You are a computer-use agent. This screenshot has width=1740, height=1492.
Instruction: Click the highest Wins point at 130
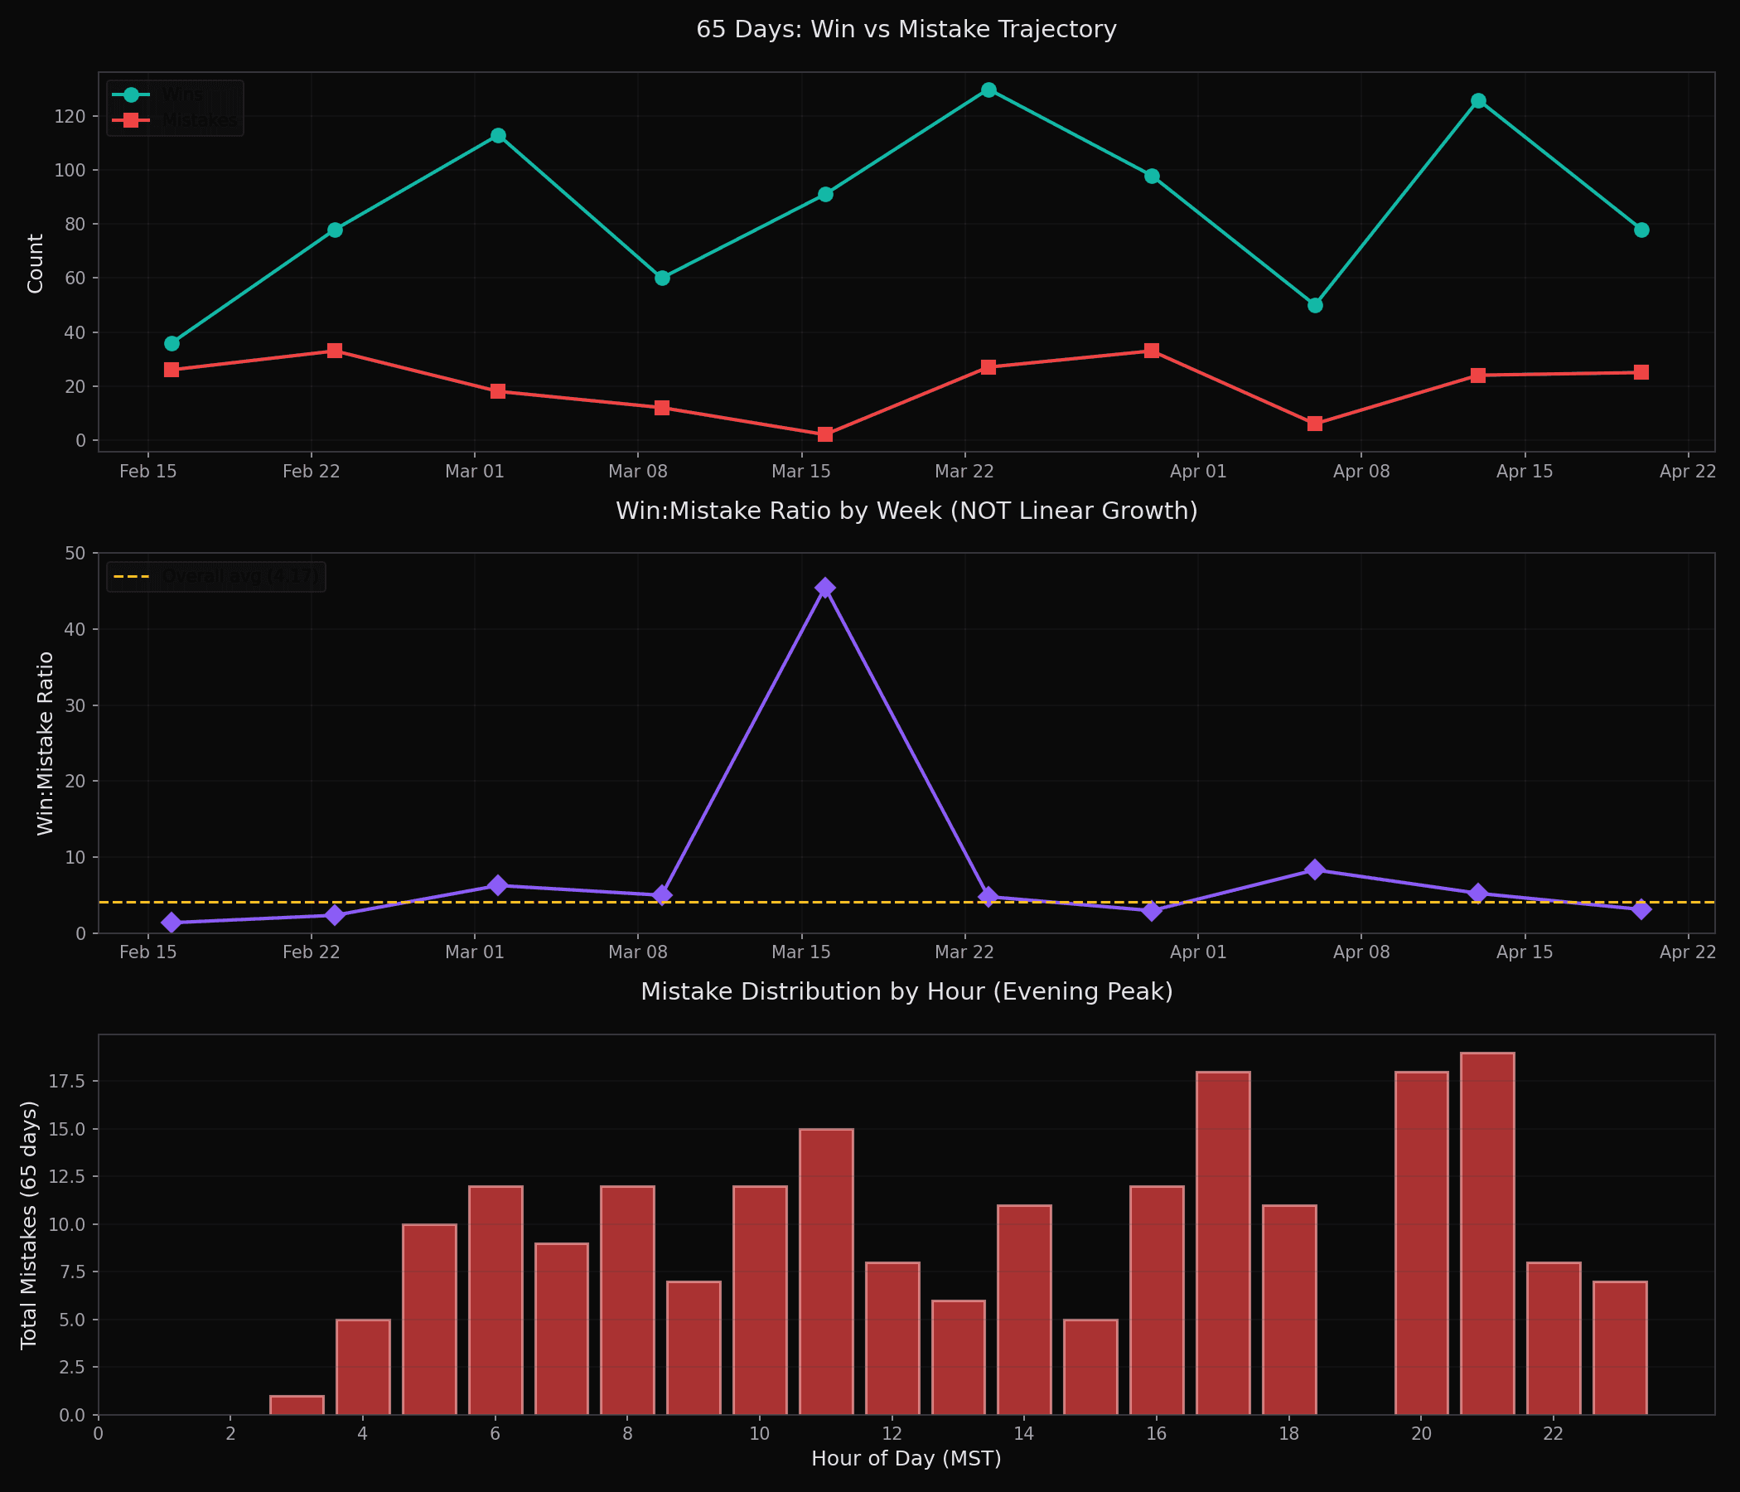(x=988, y=90)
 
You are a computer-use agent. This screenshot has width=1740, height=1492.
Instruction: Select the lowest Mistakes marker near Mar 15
(x=825, y=434)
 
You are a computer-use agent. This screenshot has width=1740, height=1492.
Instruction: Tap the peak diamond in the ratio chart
(x=825, y=587)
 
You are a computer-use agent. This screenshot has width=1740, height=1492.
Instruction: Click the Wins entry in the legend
(x=182, y=95)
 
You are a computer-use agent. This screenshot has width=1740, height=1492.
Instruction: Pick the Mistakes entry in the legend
(x=199, y=120)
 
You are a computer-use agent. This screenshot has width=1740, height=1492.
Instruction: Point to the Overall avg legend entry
(x=239, y=576)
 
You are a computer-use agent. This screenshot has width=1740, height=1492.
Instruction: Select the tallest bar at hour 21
(x=1487, y=1233)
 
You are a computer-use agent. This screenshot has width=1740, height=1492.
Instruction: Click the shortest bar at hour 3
(x=297, y=1405)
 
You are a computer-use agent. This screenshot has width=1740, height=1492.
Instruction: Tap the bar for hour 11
(x=826, y=1272)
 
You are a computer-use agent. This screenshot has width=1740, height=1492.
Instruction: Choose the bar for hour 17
(x=1223, y=1243)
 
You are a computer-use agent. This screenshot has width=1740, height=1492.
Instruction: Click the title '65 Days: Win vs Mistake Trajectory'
(x=906, y=29)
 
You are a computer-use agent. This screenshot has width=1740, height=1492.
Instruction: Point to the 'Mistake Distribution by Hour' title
(x=906, y=992)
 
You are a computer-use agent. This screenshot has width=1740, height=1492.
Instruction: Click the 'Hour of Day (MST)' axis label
(x=906, y=1458)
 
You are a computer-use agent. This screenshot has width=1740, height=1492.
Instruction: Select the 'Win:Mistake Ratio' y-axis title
(x=46, y=744)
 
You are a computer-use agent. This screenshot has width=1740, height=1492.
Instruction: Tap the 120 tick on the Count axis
(x=70, y=116)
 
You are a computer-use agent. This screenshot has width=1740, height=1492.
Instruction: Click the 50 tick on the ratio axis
(x=75, y=553)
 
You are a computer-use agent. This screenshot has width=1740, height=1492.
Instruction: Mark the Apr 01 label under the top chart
(x=1197, y=472)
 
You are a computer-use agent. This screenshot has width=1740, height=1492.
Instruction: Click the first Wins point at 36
(x=172, y=344)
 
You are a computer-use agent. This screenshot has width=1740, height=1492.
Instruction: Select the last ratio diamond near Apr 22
(x=1641, y=910)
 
